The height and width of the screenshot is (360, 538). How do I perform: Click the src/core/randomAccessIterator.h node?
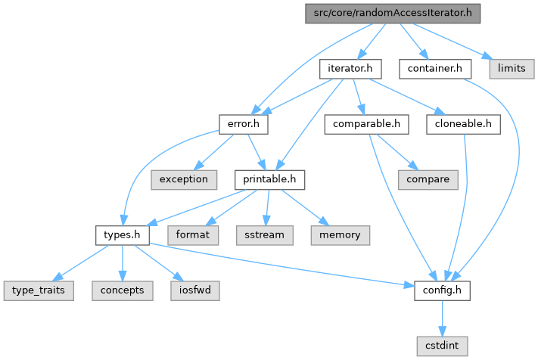tap(393, 14)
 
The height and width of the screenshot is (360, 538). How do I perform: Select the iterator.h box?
tap(349, 69)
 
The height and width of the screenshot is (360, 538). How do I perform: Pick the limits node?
tap(512, 69)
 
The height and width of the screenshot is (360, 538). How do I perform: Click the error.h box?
tap(239, 123)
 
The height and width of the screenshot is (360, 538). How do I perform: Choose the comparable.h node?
tap(366, 123)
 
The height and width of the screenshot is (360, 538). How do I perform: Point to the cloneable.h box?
tap(463, 123)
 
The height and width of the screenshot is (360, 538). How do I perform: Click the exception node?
tap(183, 179)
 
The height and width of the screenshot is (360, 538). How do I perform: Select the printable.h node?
tap(269, 179)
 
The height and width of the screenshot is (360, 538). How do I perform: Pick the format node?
tap(194, 234)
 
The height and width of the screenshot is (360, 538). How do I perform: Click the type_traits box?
tap(38, 290)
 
